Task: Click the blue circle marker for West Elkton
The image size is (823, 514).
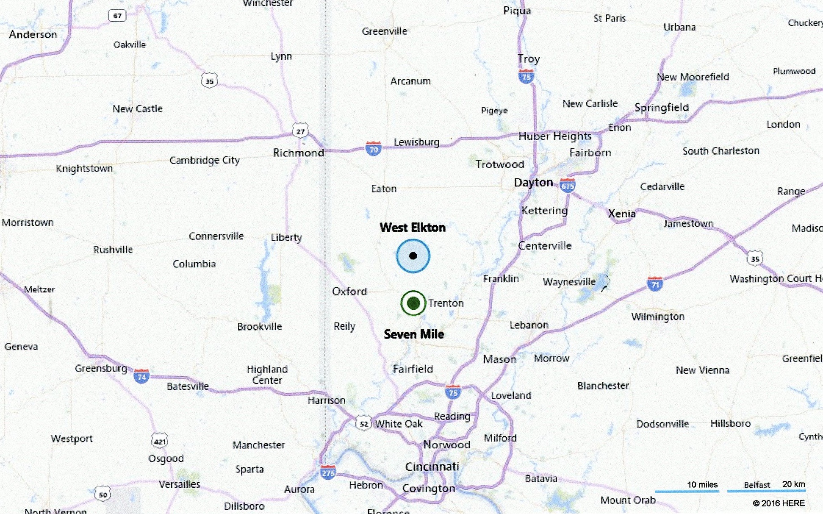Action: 413,256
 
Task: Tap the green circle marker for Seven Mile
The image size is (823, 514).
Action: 413,303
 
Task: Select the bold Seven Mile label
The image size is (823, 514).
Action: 414,334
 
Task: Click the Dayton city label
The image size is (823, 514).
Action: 533,182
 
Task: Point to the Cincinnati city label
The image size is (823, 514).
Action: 432,467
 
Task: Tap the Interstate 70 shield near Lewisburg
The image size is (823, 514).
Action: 373,149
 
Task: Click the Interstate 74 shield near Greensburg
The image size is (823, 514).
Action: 141,376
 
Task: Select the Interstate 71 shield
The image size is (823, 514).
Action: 655,283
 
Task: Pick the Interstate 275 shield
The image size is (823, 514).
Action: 328,472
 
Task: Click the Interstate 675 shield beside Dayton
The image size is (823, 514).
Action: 568,185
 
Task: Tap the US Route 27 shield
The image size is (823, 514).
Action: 300,131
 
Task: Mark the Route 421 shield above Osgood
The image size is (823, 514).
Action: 159,441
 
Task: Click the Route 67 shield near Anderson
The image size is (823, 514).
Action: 117,16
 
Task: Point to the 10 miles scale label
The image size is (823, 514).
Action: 702,484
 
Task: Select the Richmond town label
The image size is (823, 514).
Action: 298,153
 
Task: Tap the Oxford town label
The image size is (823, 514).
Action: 349,291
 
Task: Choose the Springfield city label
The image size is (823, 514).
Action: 662,108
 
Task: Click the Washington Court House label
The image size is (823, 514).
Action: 776,278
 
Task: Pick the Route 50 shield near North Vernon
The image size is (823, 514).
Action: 103,494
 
